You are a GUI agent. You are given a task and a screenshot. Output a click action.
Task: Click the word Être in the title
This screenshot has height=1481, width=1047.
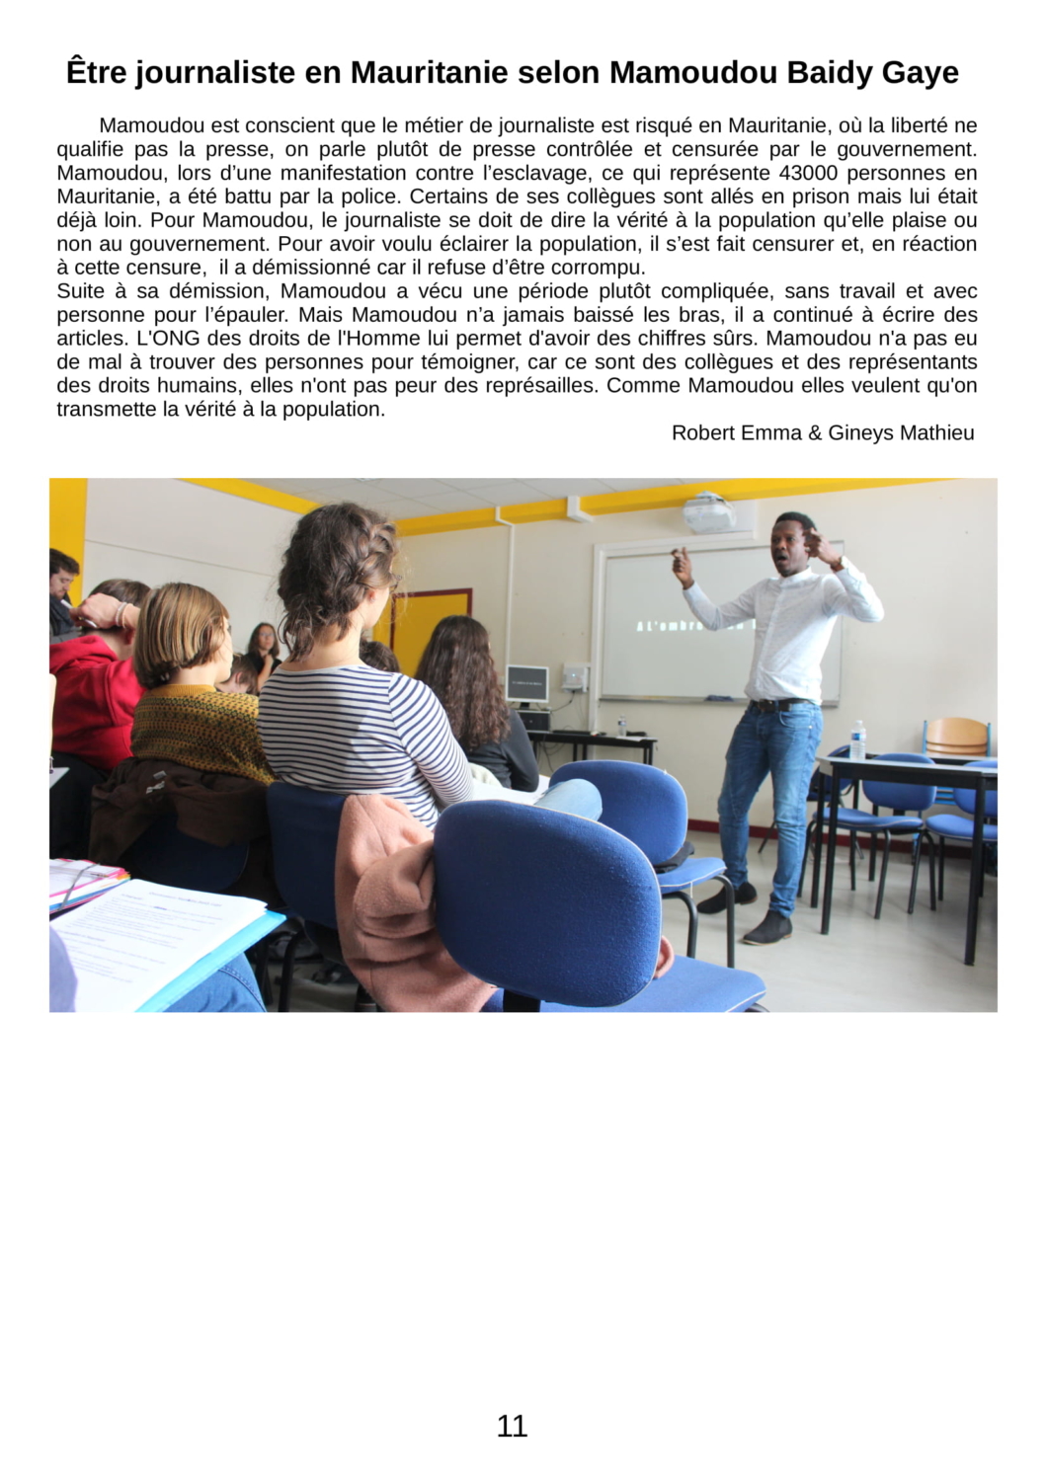[96, 73]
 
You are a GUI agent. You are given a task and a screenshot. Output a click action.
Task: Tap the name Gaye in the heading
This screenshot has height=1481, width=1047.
[921, 73]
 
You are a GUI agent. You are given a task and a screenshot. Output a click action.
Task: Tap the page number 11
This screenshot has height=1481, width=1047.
[512, 1426]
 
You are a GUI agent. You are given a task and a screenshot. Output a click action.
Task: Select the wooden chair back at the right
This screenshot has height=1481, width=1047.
[956, 735]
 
